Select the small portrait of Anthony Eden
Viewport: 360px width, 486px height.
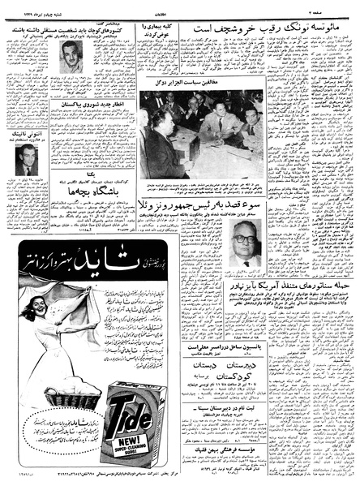click(25, 161)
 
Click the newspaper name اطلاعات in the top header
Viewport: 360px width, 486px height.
click(182, 5)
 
